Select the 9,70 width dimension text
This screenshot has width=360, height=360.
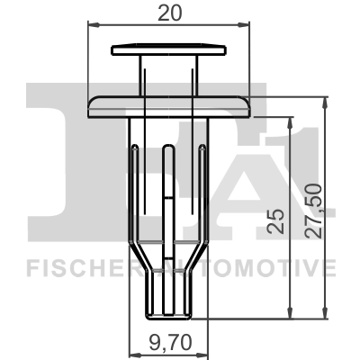click(x=169, y=342)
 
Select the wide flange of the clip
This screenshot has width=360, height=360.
click(x=169, y=104)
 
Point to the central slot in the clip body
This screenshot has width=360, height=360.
click(x=169, y=189)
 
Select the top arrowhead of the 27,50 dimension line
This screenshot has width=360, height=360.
click(x=323, y=96)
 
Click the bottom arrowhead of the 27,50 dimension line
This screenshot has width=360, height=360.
click(x=323, y=314)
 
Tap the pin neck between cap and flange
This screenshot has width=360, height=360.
click(x=169, y=74)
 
